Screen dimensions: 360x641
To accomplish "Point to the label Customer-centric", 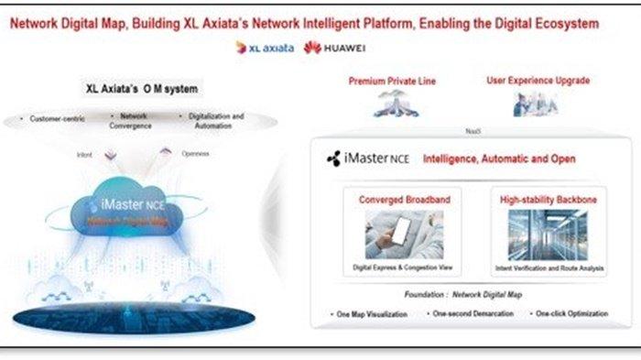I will point(57,119).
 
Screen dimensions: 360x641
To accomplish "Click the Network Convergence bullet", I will point(134,121).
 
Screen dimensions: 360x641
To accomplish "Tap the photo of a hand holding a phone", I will point(403,234).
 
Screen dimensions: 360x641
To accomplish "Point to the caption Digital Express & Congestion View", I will point(403,267).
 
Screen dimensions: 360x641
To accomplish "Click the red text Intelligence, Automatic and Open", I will point(499,158).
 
